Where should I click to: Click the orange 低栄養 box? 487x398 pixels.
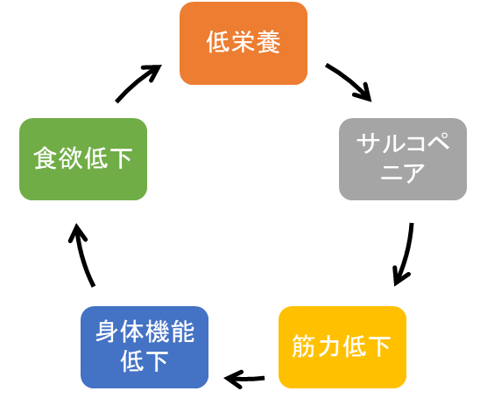point(243,43)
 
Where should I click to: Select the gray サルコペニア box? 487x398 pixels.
point(403,159)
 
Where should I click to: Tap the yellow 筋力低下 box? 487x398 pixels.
point(342,347)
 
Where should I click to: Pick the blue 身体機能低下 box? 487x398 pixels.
point(145,347)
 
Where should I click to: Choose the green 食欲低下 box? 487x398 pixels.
point(83,159)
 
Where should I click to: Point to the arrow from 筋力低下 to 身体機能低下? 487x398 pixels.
point(244,379)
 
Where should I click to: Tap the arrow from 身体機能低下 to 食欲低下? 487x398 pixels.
point(82,255)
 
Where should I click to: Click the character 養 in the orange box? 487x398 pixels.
point(268,42)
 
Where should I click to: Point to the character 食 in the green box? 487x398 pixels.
point(46,158)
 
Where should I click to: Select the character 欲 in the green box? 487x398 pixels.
point(70,158)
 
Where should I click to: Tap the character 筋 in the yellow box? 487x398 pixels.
point(304,346)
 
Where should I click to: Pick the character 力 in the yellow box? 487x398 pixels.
point(329,346)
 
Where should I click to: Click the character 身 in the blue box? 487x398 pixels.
point(107,332)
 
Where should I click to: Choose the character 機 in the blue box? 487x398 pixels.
point(157,332)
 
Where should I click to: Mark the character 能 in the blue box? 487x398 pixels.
point(182,332)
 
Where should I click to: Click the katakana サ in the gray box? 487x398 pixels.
point(369,143)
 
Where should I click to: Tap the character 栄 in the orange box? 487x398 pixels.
point(243,42)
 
